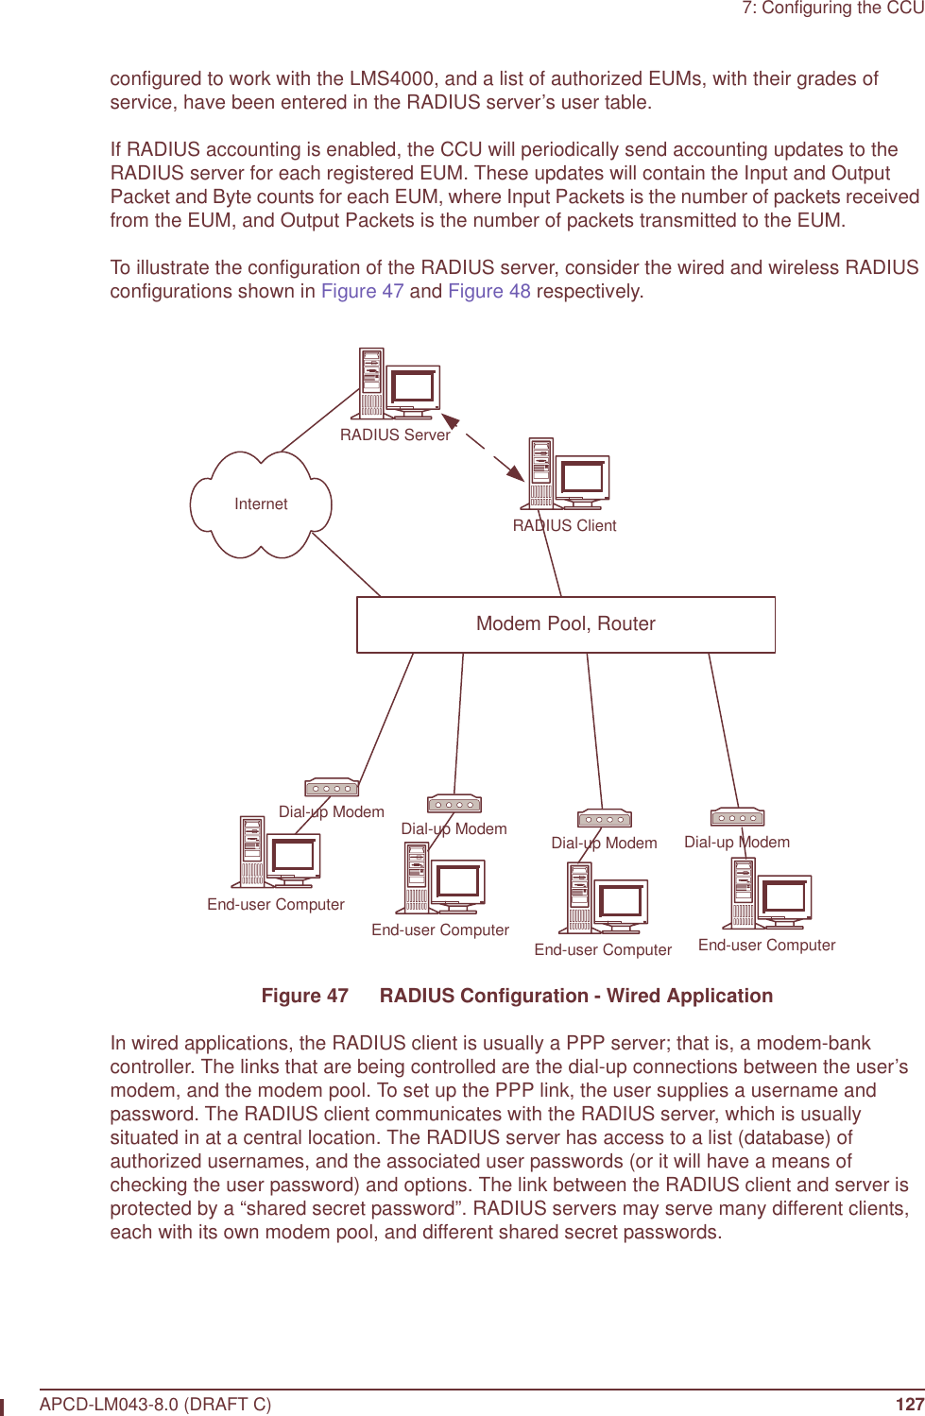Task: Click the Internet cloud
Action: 261,504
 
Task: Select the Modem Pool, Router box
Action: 565,624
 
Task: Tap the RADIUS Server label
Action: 395,435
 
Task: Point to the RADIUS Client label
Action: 564,526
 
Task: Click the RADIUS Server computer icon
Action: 396,384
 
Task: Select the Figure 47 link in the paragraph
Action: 362,291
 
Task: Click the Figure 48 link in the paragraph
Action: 488,291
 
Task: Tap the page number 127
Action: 909,1404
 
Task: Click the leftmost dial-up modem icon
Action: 332,787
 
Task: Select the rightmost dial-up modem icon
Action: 737,817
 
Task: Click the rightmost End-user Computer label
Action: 766,946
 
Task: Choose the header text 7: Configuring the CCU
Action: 832,9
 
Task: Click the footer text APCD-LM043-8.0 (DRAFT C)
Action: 155,1404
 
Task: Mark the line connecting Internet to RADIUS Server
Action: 319,420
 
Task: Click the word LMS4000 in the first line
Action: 391,78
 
